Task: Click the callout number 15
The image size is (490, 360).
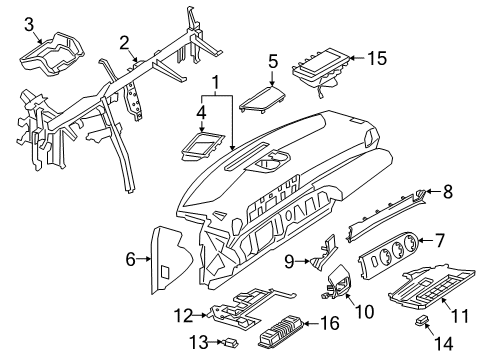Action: [377, 58]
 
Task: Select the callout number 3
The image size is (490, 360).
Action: [29, 24]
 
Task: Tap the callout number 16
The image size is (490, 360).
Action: [330, 323]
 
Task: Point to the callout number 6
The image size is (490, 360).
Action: [131, 259]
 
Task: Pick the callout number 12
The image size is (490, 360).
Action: [184, 316]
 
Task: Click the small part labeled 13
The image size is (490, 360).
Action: [231, 342]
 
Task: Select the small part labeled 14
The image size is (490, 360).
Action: [422, 320]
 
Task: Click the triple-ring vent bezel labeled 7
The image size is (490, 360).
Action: [388, 254]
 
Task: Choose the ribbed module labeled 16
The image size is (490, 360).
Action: [282, 331]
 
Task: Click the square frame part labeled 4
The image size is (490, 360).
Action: [203, 146]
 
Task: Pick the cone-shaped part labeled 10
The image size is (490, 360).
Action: [338, 282]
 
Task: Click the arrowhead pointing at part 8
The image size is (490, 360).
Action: [428, 191]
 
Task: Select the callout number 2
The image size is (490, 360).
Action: [124, 43]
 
